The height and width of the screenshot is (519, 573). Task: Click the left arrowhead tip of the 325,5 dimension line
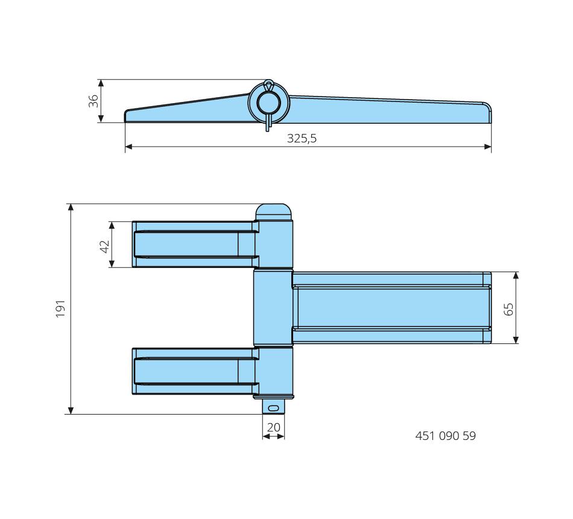pos(125,147)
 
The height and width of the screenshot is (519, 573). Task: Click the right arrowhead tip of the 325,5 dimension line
pos(491,147)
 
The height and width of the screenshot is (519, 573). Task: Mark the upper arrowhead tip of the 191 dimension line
pos(71,204)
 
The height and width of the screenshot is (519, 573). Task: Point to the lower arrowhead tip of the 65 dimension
pos(516,343)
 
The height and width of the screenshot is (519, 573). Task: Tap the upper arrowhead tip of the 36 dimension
pos(101,80)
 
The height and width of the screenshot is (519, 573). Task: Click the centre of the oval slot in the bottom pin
pos(273,408)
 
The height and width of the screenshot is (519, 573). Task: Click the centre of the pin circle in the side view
pos(268,103)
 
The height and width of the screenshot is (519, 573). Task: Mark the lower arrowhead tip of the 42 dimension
pos(112,267)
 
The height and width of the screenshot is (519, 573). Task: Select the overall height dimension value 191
pos(60,309)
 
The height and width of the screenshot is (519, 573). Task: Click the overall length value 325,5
pos(302,138)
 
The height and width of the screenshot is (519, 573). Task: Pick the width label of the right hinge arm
pos(508,309)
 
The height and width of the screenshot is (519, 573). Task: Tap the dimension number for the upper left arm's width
pos(104,246)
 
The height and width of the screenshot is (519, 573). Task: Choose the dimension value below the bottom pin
pos(274,427)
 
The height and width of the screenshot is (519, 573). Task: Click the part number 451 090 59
pos(446,436)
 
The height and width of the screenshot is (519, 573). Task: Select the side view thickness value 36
pos(93,101)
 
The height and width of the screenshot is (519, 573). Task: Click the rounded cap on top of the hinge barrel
pos(274,212)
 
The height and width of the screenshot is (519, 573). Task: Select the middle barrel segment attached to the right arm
pos(273,308)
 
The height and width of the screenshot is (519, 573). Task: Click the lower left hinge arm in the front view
pos(195,371)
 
